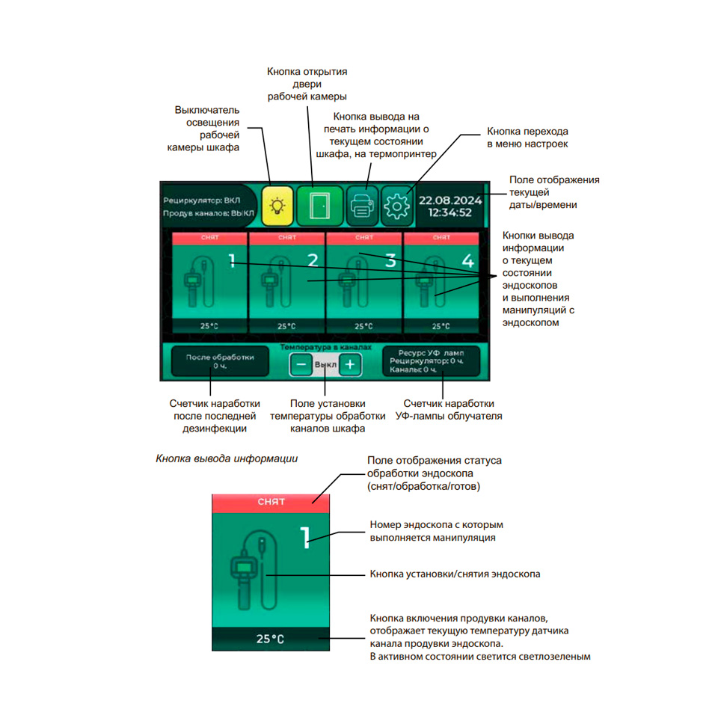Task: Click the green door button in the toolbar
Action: tap(319, 204)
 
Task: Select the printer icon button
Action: tap(362, 205)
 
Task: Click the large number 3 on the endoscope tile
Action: tap(390, 261)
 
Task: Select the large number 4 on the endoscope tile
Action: tap(467, 261)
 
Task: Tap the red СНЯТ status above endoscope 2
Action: tap(286, 237)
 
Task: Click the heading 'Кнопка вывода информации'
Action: tap(227, 458)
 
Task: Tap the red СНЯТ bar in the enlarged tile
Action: tap(271, 502)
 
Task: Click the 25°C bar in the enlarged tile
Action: tap(271, 639)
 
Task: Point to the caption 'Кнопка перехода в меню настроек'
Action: tap(528, 137)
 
